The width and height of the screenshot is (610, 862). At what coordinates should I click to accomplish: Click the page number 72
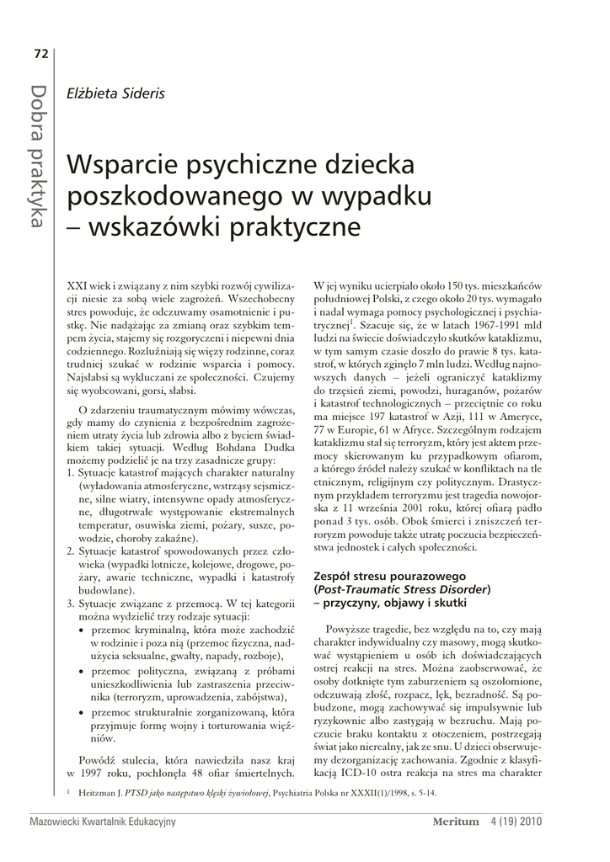(40, 55)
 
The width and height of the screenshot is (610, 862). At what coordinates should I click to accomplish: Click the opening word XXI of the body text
(76, 285)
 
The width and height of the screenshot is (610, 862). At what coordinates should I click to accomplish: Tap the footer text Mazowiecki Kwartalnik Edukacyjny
(101, 822)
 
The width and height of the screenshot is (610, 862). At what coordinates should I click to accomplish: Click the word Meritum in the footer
(455, 822)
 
